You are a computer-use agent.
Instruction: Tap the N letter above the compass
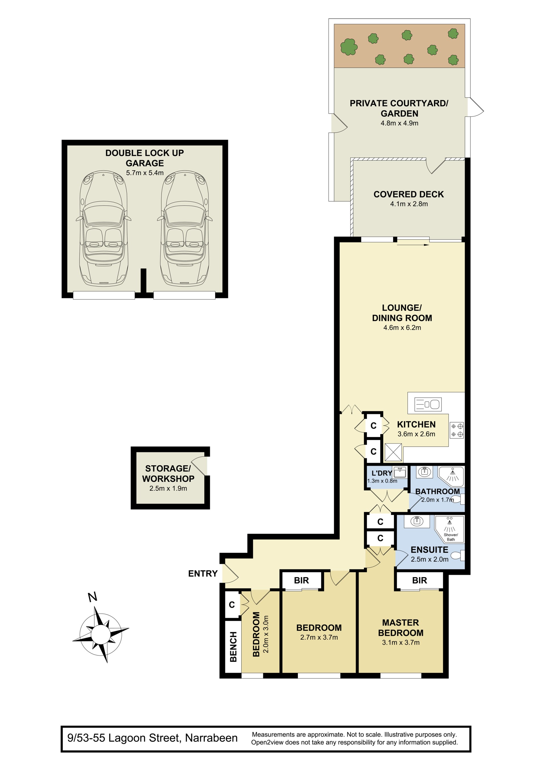tap(93, 597)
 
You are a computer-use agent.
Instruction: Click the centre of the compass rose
tap(100, 634)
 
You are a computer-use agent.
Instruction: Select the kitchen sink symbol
tap(428, 404)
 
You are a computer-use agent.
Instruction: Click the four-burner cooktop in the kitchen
tap(457, 430)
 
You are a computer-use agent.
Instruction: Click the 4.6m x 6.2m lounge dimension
tap(402, 327)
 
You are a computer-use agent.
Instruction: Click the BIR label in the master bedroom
tap(419, 580)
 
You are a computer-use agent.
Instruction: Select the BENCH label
tap(233, 647)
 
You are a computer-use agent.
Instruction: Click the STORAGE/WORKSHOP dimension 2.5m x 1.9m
tap(168, 488)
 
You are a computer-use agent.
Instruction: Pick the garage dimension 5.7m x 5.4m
tap(145, 173)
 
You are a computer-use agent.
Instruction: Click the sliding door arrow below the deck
tap(413, 245)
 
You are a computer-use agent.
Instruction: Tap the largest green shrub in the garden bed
tap(349, 46)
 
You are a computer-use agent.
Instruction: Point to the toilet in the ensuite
tap(457, 555)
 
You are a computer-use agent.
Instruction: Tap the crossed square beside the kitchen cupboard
tap(393, 452)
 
